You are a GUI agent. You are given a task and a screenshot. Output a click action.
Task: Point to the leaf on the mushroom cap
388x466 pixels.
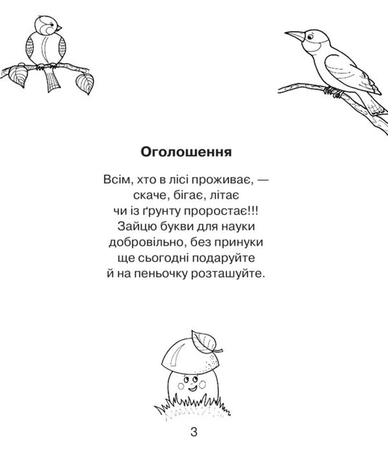pos(205,339)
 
